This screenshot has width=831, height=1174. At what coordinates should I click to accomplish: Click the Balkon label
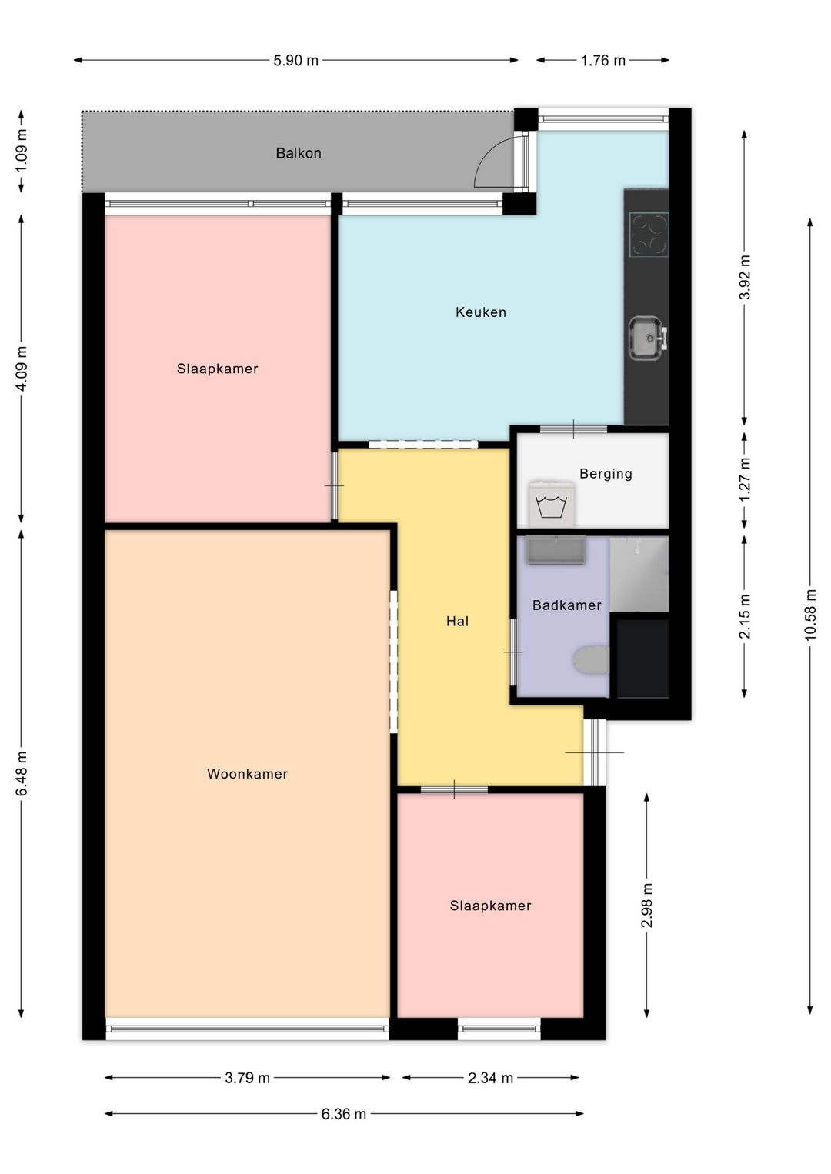(299, 153)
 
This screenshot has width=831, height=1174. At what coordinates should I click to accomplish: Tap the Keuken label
(481, 312)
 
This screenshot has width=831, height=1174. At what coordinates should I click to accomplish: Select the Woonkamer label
(248, 774)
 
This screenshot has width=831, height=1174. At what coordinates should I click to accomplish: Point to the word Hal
(457, 621)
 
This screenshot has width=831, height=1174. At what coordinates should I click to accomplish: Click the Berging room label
(606, 474)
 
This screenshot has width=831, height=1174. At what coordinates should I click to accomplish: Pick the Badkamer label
(567, 605)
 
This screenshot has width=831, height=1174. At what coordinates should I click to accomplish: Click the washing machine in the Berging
(552, 504)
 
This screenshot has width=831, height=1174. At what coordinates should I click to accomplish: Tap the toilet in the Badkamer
(591, 660)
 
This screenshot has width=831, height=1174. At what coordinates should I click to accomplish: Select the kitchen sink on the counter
(648, 338)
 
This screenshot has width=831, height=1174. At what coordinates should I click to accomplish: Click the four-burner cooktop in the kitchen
(649, 235)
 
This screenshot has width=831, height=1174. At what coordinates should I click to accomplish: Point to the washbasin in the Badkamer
(556, 550)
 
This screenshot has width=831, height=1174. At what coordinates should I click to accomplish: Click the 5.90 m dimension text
(295, 61)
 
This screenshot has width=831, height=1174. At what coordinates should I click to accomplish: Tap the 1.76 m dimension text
(603, 61)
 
